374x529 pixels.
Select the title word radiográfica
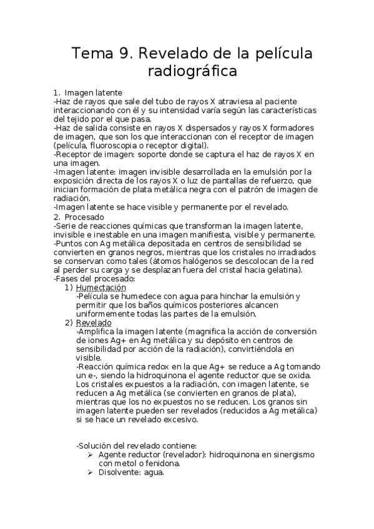click(193, 72)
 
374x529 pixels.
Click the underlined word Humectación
click(101, 288)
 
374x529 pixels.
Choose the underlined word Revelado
click(93, 323)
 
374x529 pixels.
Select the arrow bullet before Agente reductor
click(89, 455)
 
